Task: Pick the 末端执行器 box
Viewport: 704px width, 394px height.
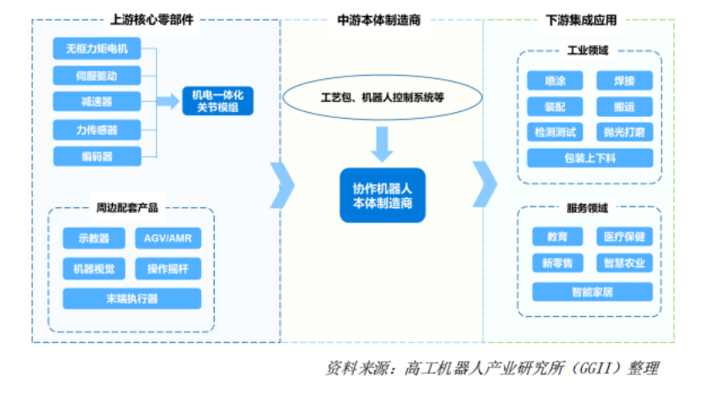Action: pos(131,299)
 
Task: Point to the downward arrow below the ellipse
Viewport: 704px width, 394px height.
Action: pos(383,144)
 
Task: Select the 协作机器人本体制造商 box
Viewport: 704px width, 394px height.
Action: pos(382,194)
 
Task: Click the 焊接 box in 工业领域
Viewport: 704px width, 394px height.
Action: pos(623,82)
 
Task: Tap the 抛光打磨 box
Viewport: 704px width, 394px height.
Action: pos(623,132)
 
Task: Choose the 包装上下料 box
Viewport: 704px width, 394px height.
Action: pos(590,159)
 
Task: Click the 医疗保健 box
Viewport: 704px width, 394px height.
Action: pos(624,237)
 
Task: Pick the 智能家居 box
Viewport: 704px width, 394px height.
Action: pos(592,292)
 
